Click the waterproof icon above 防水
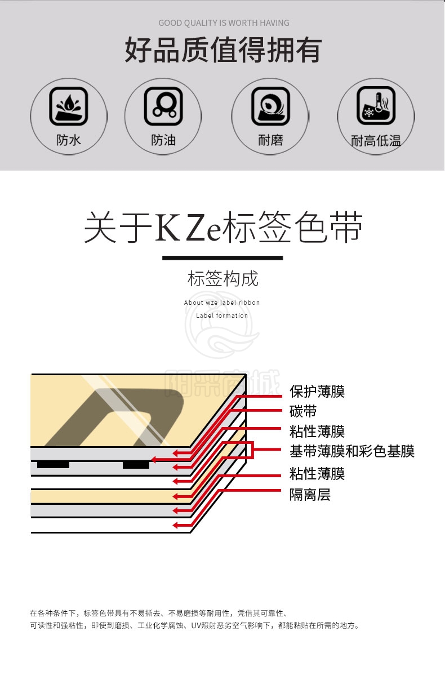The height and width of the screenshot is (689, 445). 69,106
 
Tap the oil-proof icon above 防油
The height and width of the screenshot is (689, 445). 163,106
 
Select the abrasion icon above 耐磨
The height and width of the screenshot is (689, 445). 270,106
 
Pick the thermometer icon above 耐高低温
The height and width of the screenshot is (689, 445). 376,105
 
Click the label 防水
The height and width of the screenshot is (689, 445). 68,140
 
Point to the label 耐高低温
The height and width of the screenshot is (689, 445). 376,141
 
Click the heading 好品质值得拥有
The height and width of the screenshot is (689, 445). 223,50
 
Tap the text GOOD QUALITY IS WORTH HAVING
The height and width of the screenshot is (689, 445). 224,23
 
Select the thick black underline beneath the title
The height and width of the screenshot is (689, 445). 222,258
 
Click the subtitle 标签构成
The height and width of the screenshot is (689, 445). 223,279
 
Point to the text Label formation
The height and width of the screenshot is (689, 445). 222,315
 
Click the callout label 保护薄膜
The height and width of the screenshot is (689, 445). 317,392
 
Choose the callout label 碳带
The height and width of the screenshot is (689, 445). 303,411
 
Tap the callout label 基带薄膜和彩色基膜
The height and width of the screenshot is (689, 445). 352,451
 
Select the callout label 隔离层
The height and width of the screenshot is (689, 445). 310,495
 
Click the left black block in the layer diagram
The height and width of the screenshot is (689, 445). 53,465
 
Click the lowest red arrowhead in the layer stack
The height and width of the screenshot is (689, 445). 175,525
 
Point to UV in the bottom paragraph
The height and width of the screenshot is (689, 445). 196,626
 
